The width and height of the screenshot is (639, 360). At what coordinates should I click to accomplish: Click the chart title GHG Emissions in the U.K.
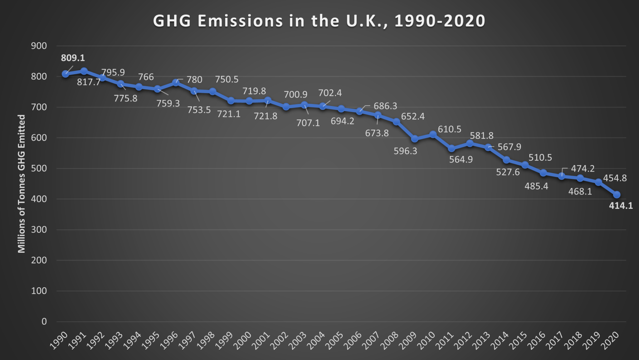(319, 21)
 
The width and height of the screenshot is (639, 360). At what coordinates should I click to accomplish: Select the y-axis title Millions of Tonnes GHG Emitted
(21, 184)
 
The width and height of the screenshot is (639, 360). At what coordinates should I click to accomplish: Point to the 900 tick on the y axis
(39, 46)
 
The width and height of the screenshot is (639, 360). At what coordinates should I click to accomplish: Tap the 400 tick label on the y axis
(39, 199)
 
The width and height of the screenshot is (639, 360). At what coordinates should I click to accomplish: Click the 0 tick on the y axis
(44, 321)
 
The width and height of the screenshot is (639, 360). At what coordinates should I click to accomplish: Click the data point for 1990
(66, 74)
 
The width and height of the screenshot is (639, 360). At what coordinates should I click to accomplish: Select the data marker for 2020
(617, 195)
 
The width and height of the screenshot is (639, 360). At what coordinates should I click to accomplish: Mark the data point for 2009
(415, 139)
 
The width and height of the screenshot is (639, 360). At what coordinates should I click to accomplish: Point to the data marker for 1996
(176, 83)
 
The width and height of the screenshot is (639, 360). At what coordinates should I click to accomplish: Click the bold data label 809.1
(73, 58)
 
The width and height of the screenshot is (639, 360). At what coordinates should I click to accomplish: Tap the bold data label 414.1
(621, 206)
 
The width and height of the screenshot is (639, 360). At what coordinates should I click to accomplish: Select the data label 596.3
(405, 151)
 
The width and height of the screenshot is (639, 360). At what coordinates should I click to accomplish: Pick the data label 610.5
(449, 129)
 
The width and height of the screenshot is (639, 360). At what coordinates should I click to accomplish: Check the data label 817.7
(89, 82)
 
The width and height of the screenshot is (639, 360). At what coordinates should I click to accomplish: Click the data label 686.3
(385, 106)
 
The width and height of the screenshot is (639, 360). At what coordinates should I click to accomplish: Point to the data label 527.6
(508, 172)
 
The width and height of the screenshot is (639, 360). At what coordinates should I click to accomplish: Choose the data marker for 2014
(506, 160)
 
